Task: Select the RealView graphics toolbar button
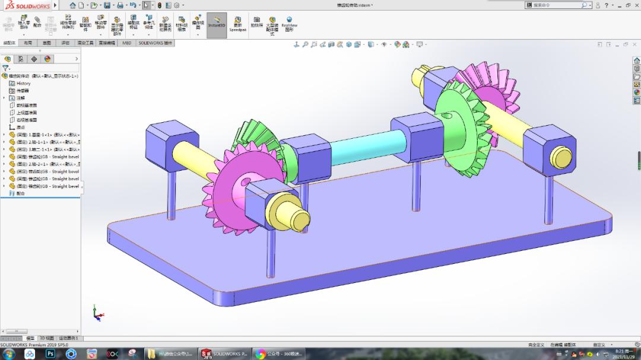click(x=289, y=23)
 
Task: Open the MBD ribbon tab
click(x=127, y=43)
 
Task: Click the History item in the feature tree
click(x=23, y=84)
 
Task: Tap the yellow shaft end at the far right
click(x=561, y=157)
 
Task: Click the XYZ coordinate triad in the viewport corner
click(x=98, y=313)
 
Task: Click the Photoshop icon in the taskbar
click(x=50, y=354)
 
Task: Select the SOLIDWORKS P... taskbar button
click(x=224, y=354)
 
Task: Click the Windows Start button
click(x=9, y=354)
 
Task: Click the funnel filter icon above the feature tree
click(x=5, y=68)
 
